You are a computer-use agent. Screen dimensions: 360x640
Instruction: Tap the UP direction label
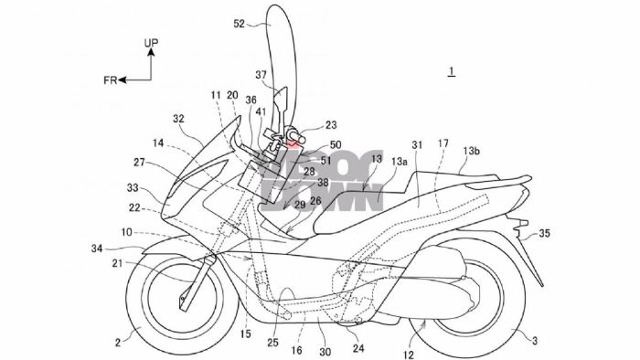153,42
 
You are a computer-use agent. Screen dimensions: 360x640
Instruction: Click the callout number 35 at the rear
543,234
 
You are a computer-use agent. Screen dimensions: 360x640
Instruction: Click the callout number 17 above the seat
443,143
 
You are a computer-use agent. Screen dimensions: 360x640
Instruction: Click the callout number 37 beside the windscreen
261,76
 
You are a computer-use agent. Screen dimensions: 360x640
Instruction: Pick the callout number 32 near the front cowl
177,118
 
